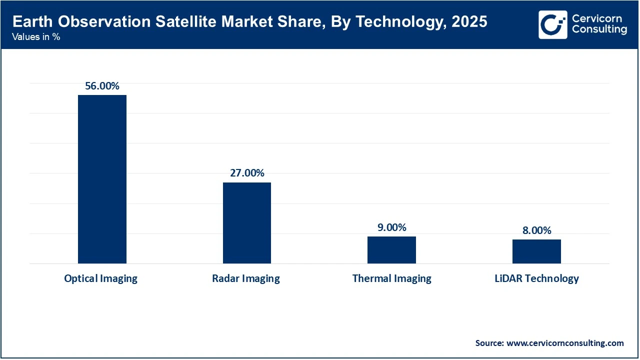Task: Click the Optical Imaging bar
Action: (102, 179)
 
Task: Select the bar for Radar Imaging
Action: (246, 223)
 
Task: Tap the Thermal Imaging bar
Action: (391, 250)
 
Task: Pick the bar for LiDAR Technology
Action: (536, 251)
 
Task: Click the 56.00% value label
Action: (102, 86)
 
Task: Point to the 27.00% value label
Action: (246, 173)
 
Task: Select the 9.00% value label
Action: (391, 227)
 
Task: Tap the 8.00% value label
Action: (536, 230)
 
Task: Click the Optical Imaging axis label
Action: (100, 279)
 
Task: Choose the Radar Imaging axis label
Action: (245, 279)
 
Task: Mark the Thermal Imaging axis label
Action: (391, 279)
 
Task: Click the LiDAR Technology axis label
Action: (536, 279)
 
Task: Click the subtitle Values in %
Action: (36, 36)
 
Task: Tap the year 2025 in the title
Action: (469, 22)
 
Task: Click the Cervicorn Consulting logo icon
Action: (552, 24)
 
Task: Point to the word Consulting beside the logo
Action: (599, 30)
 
